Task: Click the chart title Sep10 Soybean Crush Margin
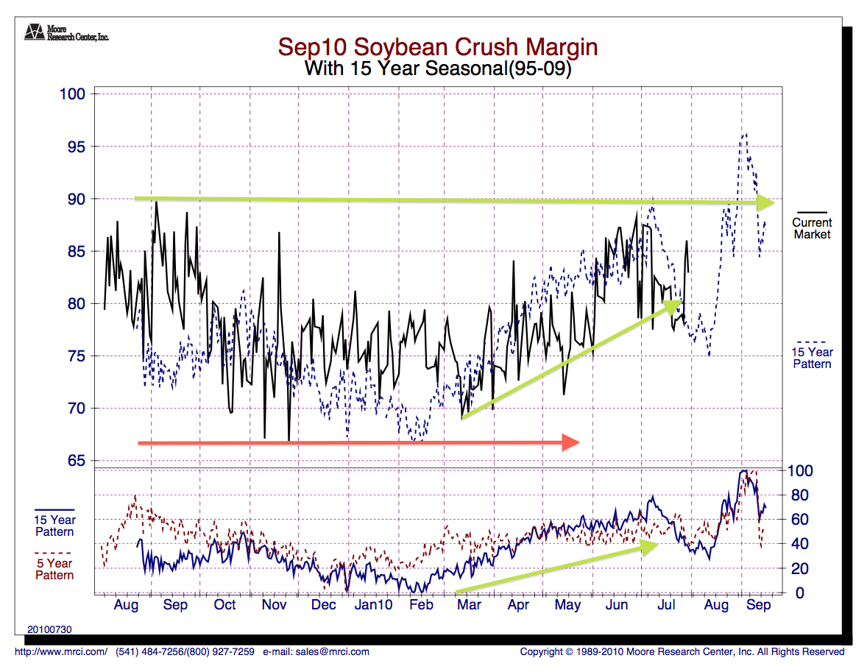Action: coord(437,48)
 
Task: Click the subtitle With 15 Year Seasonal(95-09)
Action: coord(437,69)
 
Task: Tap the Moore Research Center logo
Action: coord(33,32)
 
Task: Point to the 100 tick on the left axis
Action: coord(73,94)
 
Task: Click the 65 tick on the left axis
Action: coord(76,461)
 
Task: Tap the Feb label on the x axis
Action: coord(421,605)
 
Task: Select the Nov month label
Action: coord(274,605)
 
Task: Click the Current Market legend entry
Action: coord(812,228)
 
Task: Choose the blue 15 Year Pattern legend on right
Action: coord(812,358)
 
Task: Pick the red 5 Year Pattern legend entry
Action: coord(54,569)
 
